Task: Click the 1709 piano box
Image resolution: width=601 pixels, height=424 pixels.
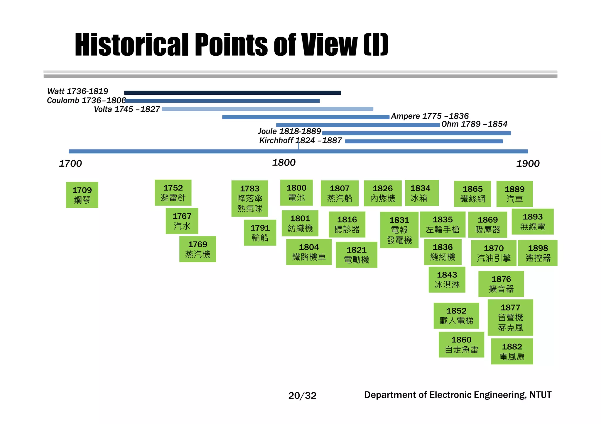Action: [82, 195]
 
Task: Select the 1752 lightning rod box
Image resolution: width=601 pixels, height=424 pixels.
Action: [173, 193]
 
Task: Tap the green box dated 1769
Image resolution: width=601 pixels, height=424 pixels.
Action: [197, 249]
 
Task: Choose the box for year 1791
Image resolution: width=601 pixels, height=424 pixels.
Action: [260, 232]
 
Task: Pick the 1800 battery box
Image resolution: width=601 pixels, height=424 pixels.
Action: [296, 193]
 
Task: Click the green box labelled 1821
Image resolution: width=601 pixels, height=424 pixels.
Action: [356, 255]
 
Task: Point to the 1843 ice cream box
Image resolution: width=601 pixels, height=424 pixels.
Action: [447, 280]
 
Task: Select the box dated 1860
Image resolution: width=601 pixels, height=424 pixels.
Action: [461, 344]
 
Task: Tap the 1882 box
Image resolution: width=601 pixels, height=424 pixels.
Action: [512, 351]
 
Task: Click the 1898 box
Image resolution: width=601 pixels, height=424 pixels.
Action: [537, 253]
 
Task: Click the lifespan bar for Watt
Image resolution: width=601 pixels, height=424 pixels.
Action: [232, 93]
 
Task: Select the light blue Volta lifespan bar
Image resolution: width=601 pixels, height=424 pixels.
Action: [267, 109]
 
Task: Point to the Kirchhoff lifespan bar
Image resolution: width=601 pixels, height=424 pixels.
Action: [424, 141]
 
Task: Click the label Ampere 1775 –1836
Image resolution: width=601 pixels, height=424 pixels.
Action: [430, 116]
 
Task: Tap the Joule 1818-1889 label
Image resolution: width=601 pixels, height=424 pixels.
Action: [289, 131]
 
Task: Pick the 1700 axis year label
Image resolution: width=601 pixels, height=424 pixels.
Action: [70, 164]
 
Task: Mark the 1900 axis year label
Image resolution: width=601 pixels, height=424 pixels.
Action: [528, 164]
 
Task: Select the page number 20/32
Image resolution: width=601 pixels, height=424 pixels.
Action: [302, 396]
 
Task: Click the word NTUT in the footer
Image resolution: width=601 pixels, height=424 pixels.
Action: [540, 395]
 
